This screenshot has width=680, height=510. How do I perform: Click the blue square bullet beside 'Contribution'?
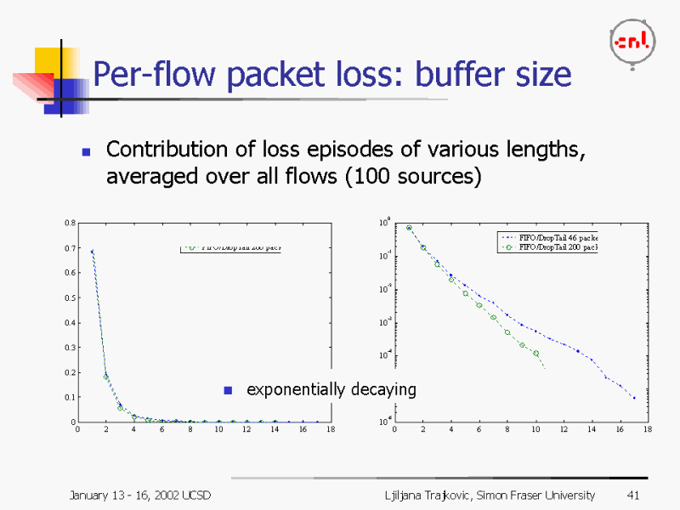click(86, 152)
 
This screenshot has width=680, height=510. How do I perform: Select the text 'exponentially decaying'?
click(331, 389)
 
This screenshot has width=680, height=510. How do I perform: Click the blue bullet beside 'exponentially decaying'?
click(227, 390)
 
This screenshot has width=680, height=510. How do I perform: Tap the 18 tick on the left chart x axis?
click(331, 429)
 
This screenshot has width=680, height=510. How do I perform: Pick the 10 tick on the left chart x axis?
click(218, 429)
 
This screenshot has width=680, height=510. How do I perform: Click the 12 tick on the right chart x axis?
click(564, 429)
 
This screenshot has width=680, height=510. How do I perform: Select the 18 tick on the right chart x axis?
click(648, 429)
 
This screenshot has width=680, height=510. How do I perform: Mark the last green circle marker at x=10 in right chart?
click(535, 353)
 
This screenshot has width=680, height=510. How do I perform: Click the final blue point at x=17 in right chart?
click(633, 397)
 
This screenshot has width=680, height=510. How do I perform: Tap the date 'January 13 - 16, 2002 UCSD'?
click(140, 495)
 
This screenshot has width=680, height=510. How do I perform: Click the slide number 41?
click(632, 495)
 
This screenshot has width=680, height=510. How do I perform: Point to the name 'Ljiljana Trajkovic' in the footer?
click(424, 495)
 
